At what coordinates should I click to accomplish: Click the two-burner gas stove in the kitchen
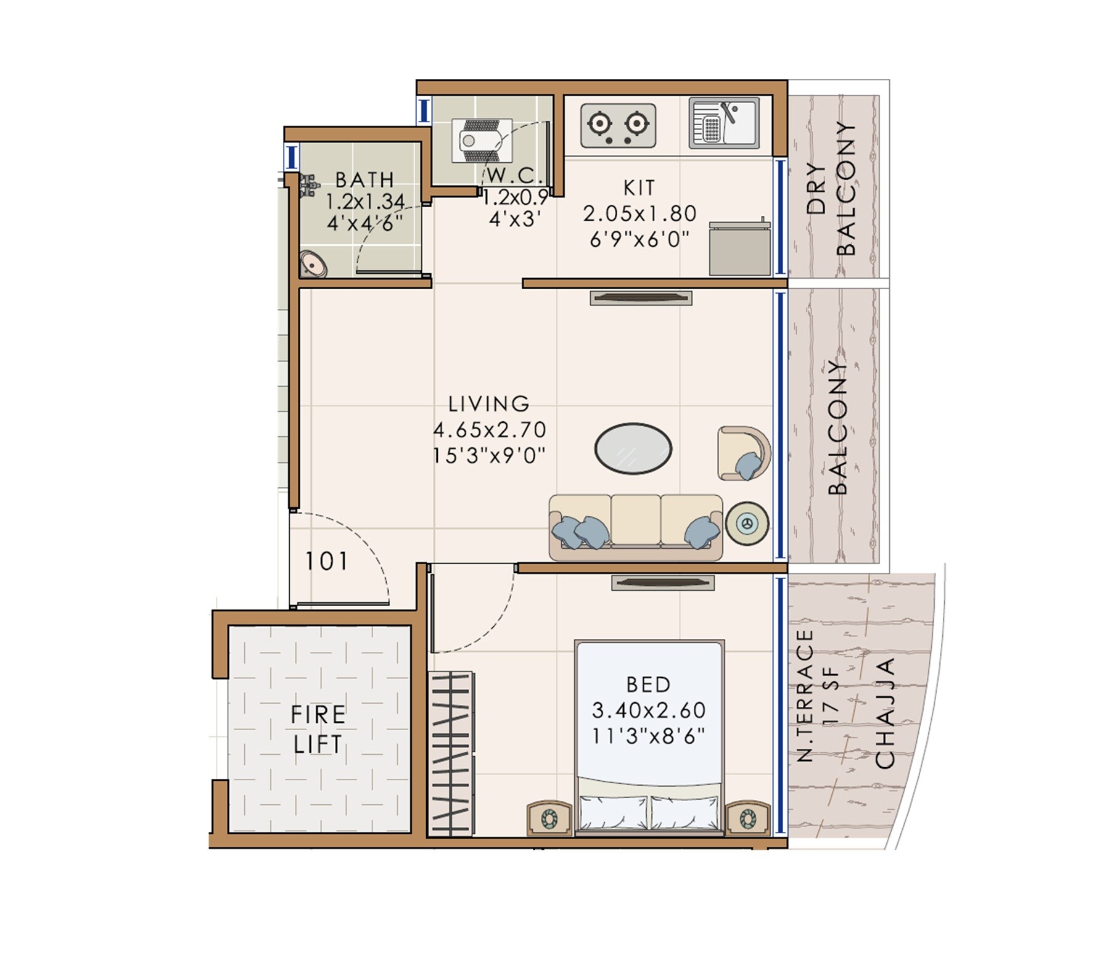point(618,126)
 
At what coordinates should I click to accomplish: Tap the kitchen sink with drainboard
point(724,123)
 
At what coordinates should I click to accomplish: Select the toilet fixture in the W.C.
point(482,141)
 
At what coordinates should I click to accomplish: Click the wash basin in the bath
point(313,265)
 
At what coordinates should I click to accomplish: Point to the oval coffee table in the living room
point(633,448)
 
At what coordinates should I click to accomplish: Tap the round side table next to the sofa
point(747,524)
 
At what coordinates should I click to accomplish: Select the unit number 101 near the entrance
point(327,561)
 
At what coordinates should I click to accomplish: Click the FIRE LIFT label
point(318,730)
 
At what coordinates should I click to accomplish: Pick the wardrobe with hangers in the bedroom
point(451,754)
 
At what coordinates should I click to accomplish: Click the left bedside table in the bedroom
point(549,818)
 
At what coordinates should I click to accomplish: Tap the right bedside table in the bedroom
point(747,818)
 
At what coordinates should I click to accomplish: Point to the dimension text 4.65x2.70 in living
point(489,429)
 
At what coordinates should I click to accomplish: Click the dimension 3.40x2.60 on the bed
point(648,710)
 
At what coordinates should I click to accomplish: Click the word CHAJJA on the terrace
point(885,714)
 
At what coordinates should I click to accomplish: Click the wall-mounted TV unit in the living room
point(641,298)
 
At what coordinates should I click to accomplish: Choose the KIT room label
point(639,187)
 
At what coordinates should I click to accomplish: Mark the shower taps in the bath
point(308,184)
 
